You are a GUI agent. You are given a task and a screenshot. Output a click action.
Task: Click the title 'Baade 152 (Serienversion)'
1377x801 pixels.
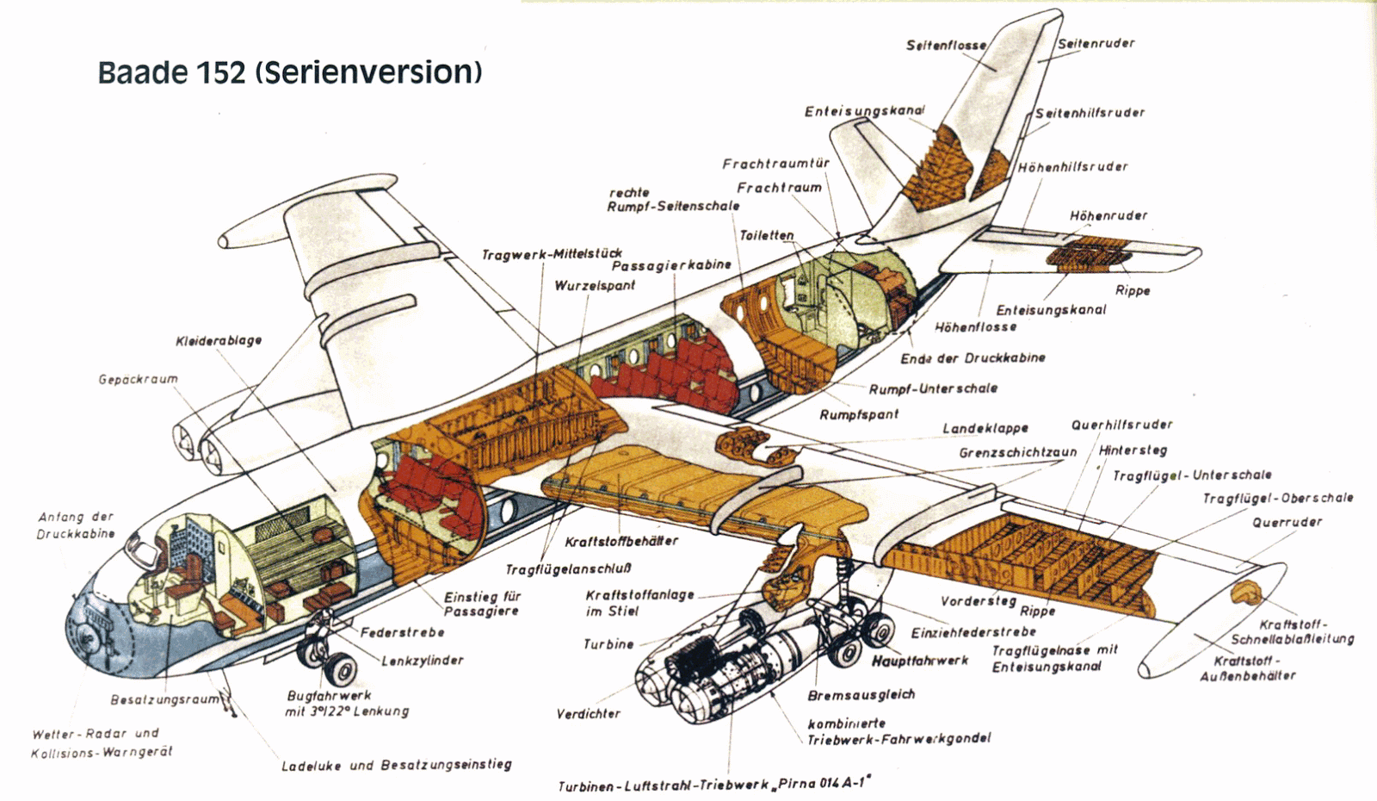coord(289,72)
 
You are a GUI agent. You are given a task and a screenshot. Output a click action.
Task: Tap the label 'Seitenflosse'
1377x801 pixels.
coord(946,46)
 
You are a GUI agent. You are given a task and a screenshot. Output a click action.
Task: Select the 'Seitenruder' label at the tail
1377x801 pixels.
coord(1096,43)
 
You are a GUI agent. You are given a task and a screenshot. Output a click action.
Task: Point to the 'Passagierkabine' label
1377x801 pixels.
coord(671,265)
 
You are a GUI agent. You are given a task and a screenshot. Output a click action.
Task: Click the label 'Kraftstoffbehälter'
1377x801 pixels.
coord(621,541)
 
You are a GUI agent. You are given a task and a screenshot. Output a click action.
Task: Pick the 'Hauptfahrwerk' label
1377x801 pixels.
coord(920,661)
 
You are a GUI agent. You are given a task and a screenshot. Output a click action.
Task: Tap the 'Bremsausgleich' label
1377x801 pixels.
coord(861,694)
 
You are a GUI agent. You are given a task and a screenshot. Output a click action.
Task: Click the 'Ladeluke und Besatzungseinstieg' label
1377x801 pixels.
coord(397,766)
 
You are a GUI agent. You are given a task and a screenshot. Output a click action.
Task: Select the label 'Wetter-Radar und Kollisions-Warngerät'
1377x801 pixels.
coord(102,742)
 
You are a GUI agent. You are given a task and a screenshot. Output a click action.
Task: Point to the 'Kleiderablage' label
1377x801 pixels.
coord(219,340)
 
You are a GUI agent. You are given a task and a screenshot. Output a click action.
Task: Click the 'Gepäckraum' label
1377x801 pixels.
coord(139,380)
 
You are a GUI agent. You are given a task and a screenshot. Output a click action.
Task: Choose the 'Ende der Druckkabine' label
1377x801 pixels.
coord(973,358)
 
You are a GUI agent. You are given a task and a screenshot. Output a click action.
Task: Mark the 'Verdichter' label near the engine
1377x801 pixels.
coord(589,714)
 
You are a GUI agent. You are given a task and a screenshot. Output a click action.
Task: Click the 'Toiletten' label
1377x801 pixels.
coord(767,235)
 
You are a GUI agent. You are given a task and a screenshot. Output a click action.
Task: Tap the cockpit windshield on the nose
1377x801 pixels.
coord(137,543)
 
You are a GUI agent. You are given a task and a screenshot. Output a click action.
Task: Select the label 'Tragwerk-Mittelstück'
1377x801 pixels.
coord(552,254)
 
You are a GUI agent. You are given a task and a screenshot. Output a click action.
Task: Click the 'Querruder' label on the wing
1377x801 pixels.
coord(1287,522)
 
